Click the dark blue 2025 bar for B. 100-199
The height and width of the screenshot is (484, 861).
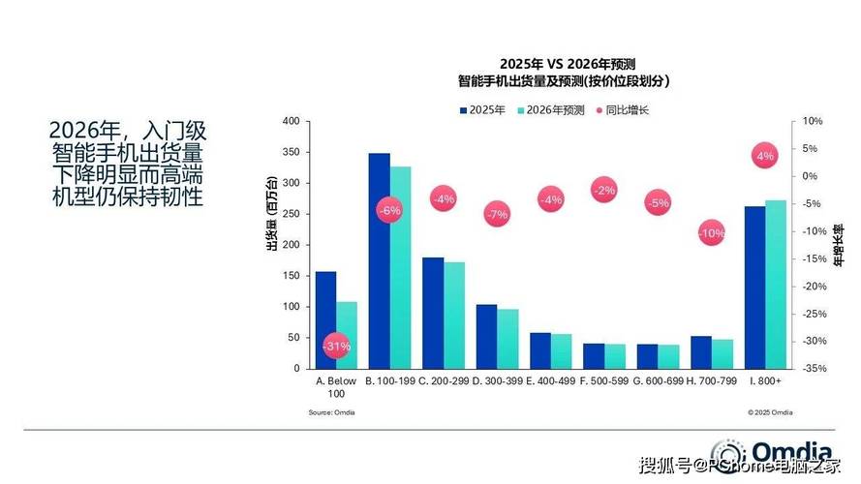379,261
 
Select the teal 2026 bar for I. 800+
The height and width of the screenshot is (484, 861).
776,285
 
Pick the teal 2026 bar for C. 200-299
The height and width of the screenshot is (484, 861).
454,316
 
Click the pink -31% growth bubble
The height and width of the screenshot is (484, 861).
336,346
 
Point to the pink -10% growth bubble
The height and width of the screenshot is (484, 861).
712,233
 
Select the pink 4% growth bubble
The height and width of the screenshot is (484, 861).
765,156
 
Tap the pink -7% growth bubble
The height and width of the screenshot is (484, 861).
498,214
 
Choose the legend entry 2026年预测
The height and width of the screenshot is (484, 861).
556,109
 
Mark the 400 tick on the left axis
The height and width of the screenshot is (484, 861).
291,121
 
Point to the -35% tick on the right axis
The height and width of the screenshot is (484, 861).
813,369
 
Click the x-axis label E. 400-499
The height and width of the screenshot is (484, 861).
550,382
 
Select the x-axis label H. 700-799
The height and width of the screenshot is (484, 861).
711,382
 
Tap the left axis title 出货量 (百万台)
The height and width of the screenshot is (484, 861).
271,216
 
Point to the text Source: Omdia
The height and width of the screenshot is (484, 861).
326,412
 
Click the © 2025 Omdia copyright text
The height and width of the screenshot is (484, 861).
770,412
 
